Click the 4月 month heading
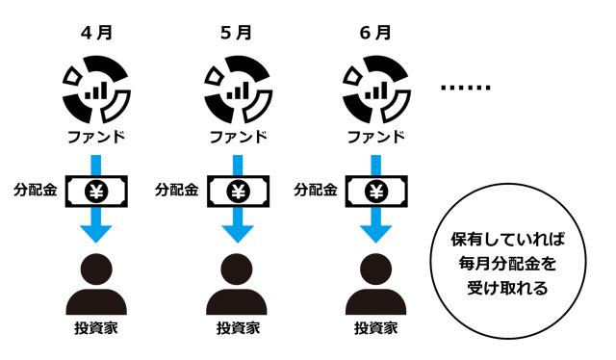(96, 32)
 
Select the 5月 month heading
(236, 32)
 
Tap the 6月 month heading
(374, 32)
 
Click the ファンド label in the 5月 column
(236, 136)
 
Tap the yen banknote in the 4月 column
(96, 190)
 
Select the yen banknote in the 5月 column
(236, 190)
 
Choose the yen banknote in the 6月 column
(374, 190)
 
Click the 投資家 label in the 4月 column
(96, 328)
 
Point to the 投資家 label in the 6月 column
(374, 328)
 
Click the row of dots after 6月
(465, 88)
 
